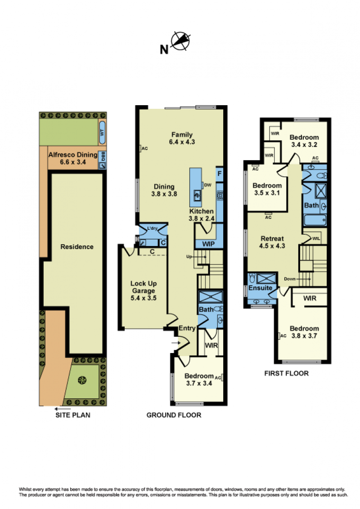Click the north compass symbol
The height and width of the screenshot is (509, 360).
180,41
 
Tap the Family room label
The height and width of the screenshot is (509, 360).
182,138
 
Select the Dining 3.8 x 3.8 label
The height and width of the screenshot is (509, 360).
164,190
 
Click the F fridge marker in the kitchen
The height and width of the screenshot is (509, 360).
219,174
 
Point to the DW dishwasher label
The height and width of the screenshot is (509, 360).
207,185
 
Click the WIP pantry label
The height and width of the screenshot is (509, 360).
208,244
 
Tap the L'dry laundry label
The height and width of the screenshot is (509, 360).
153,228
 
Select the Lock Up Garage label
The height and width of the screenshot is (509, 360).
144,290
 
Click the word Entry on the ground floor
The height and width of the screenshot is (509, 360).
187,328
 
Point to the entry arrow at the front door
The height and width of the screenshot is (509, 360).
175,343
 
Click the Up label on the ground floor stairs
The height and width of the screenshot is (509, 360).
189,256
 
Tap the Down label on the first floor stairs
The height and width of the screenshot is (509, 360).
289,279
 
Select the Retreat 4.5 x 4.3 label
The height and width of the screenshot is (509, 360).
272,242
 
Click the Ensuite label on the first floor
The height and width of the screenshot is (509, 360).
260,288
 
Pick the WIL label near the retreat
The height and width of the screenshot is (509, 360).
316,238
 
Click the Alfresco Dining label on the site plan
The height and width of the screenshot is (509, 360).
73,158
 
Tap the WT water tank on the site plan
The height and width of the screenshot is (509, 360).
102,133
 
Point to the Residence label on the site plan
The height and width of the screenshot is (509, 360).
76,247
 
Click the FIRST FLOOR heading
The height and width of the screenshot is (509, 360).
286,373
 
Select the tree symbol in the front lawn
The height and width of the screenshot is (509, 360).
82,380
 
